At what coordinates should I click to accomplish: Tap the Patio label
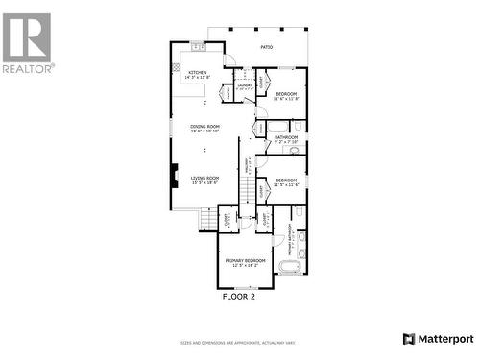click(x=266, y=46)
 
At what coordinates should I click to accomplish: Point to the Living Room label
click(x=204, y=180)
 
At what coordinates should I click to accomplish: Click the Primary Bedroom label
click(x=245, y=262)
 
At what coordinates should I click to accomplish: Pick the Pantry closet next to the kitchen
click(x=228, y=92)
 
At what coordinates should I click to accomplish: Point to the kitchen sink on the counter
click(x=198, y=46)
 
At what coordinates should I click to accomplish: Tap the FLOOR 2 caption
click(x=239, y=297)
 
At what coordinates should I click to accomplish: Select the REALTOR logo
click(x=28, y=43)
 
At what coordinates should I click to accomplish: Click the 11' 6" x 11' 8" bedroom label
click(x=286, y=96)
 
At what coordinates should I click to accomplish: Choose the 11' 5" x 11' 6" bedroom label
click(x=286, y=182)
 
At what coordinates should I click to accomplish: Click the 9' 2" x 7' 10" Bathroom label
click(x=286, y=140)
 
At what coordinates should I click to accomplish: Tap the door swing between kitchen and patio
click(x=228, y=60)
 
